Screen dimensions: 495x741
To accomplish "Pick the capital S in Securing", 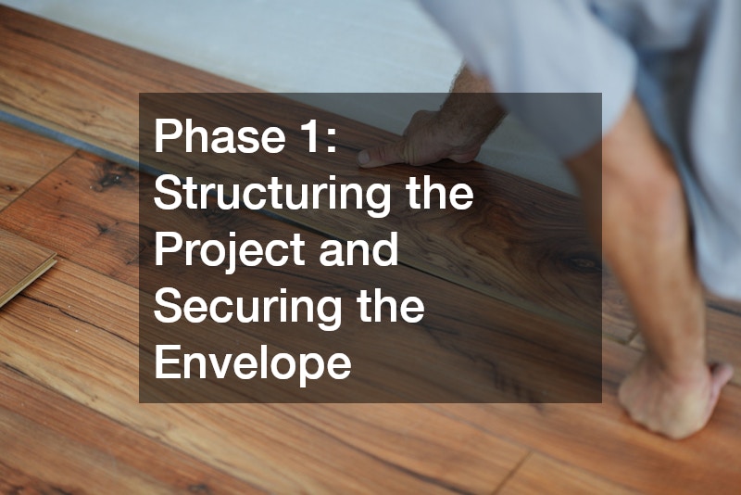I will pyautogui.click(x=168, y=307).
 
